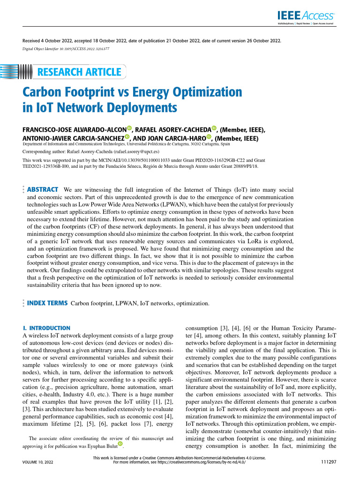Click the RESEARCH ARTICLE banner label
79,72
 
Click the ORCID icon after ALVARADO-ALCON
129,128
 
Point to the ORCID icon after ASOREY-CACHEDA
214,128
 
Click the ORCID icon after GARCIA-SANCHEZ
127,137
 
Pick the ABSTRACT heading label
43,189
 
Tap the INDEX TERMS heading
47,303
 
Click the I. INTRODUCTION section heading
46,328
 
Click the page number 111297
327,462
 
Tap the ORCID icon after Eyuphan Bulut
120,443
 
